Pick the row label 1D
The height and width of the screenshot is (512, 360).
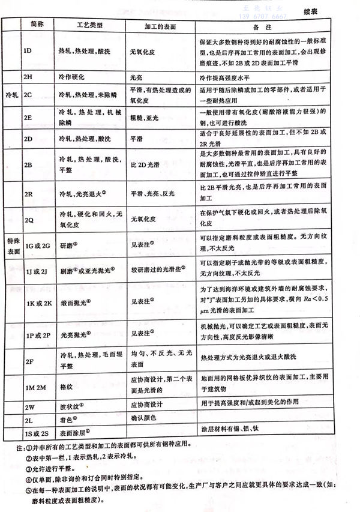tap(28, 50)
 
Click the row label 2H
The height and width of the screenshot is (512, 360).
tap(28, 77)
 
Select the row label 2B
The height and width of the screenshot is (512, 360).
tap(28, 164)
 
